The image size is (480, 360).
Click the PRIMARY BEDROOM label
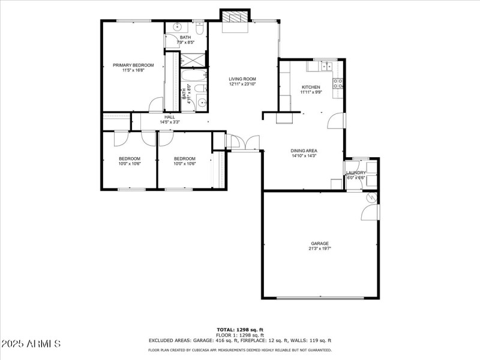[133, 65]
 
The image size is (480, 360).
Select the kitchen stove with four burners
[338, 83]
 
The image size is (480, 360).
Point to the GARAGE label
[319, 243]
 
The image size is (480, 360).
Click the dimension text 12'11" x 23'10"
[242, 84]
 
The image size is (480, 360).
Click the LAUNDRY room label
[356, 173]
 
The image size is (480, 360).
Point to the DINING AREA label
[304, 151]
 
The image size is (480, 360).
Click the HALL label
[170, 117]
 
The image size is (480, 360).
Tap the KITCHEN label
[311, 87]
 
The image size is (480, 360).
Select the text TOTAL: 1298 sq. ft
[239, 329]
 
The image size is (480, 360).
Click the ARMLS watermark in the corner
[31, 344]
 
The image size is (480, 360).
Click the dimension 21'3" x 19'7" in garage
[319, 248]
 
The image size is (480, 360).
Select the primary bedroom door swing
[155, 104]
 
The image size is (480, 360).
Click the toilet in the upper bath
[199, 28]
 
